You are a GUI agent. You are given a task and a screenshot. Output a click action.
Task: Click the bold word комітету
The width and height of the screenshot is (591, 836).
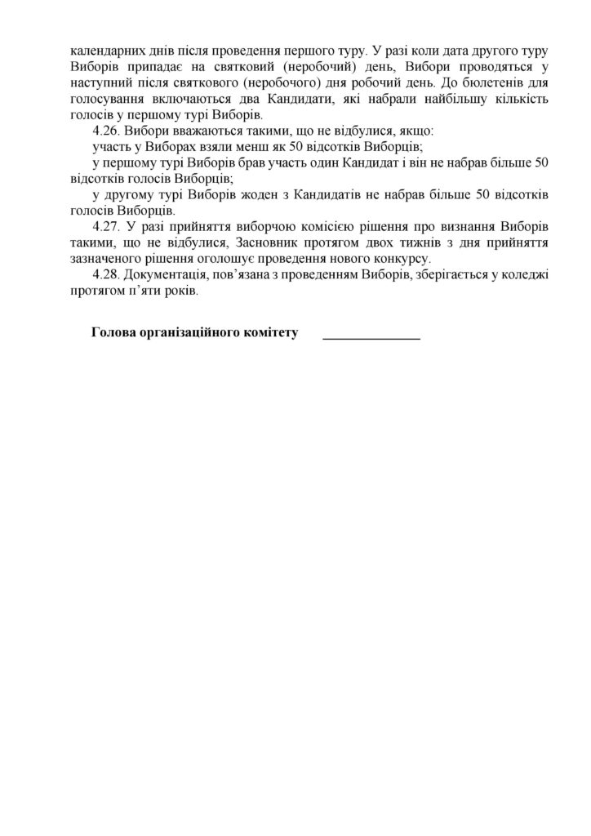(269, 333)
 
